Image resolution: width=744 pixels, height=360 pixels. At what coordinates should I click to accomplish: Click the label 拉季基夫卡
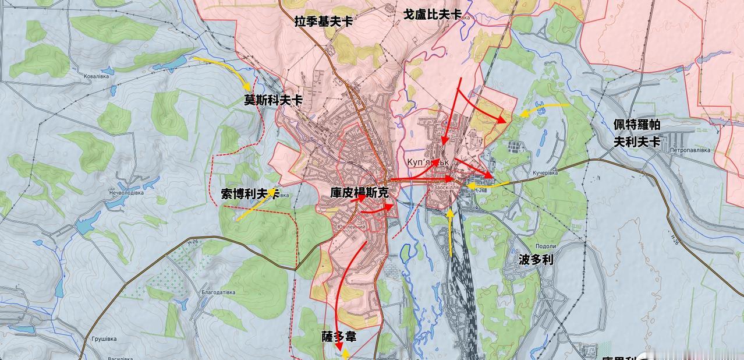pos(324,21)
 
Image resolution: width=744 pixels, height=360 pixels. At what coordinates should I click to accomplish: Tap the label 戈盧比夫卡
pos(433,14)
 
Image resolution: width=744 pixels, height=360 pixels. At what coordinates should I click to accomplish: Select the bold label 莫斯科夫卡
pos(273,100)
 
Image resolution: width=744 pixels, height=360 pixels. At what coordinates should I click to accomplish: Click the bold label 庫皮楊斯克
pos(359,193)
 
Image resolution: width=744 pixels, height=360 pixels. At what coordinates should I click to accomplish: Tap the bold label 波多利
pos(535,259)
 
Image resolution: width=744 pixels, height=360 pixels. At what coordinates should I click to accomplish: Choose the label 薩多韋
pos(338,337)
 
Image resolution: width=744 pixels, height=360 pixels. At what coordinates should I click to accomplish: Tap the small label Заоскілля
pos(447,188)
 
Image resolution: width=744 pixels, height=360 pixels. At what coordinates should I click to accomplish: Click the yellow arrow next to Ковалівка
pos(225,68)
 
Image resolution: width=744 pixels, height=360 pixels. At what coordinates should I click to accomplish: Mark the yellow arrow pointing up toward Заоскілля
pos(450,233)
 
